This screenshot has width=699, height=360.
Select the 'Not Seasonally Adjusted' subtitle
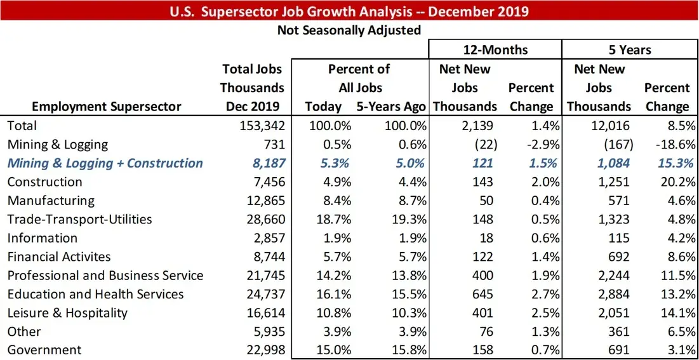349,30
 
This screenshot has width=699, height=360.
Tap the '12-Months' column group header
495,50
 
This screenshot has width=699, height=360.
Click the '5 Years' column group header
629,50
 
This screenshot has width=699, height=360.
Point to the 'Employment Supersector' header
107,107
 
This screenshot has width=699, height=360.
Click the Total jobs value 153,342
260,126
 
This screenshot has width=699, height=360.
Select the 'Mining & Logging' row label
58,145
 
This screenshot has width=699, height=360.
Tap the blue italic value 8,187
265,163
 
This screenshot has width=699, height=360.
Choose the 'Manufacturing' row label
51,201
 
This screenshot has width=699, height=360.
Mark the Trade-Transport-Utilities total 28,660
263,220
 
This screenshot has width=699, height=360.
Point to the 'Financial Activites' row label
59,257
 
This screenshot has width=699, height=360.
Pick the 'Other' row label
24,331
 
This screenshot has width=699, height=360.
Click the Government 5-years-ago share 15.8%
408,350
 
